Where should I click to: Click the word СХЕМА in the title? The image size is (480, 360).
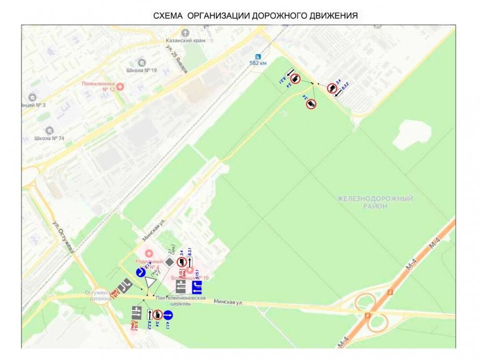168,15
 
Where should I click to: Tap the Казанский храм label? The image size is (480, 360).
185,41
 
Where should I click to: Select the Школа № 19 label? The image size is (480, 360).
142,70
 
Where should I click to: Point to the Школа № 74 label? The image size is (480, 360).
49,138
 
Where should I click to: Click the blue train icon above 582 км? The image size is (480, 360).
259,56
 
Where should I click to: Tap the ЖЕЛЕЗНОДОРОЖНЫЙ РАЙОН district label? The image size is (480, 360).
375,202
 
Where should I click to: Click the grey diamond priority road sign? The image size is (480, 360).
169,262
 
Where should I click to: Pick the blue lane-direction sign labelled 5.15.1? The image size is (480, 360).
197,287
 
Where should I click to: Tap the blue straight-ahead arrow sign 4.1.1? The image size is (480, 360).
168,315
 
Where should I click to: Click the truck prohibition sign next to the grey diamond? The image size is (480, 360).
181,262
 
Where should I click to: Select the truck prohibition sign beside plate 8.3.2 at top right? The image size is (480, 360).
332,88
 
